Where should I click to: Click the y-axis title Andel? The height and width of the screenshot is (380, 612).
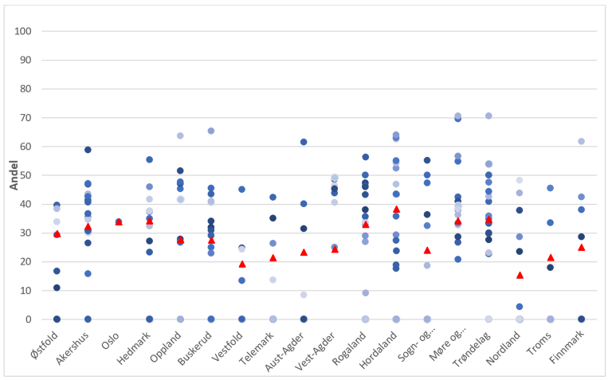tap(14, 176)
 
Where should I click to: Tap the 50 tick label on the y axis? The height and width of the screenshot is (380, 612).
tap(25, 175)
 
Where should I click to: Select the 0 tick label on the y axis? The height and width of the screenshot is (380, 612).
tap(28, 319)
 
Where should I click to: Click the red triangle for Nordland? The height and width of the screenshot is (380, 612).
tap(520, 275)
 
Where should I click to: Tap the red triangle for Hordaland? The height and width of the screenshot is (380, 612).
tap(396, 209)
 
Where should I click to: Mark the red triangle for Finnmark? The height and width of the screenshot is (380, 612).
tap(582, 247)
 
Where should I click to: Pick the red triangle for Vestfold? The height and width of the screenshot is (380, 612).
tap(242, 264)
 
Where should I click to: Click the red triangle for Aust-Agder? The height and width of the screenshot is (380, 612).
tap(304, 252)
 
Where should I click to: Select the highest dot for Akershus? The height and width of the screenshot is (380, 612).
tap(88, 150)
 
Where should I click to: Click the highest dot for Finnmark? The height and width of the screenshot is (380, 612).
tap(582, 141)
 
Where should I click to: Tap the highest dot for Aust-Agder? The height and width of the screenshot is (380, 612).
tap(304, 142)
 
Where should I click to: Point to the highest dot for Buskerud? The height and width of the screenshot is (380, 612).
tap(211, 131)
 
